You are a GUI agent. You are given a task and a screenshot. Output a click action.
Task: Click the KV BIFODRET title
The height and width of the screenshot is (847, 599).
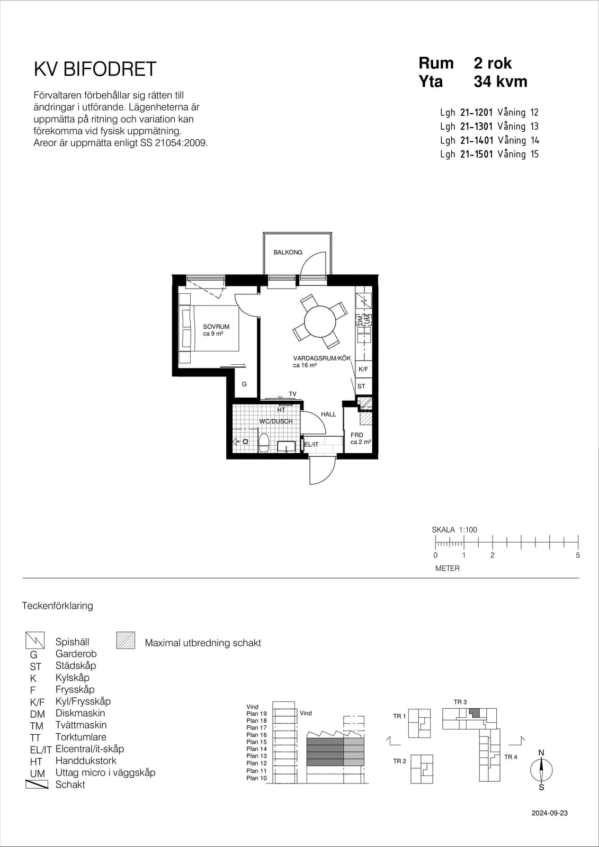95,69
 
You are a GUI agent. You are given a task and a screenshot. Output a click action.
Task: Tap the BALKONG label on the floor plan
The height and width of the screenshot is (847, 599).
288,252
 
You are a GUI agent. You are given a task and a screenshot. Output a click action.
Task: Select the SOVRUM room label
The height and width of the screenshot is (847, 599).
216,326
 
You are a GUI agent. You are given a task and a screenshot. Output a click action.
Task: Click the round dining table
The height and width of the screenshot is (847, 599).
320,321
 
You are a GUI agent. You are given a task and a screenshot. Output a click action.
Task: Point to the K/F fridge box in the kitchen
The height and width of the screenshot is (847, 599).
363,369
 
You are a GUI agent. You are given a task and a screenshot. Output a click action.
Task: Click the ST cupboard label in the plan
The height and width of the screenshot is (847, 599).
361,386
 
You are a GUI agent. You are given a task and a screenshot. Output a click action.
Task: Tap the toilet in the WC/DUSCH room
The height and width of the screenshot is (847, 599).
264,443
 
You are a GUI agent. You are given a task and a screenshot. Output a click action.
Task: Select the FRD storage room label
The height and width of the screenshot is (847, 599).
357,435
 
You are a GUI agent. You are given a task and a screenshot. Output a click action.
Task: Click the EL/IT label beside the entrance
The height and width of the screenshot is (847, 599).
311,444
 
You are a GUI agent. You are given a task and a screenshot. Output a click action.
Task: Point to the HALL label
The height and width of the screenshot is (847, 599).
328,414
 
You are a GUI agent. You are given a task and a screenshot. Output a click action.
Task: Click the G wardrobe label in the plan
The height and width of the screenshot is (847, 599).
245,384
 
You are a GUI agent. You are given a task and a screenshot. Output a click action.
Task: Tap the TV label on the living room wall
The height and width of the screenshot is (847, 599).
292,394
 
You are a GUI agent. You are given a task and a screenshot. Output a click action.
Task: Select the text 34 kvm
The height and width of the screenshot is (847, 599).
500,82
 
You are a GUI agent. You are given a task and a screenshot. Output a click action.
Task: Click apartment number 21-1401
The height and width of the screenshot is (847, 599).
477,140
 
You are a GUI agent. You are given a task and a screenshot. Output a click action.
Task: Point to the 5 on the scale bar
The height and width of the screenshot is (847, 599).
578,555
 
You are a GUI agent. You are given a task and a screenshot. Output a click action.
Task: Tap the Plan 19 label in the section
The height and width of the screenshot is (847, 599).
256,714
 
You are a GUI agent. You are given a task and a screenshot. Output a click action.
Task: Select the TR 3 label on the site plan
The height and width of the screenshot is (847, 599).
460,702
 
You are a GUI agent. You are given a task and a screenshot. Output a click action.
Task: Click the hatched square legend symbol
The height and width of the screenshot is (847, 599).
126,641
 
